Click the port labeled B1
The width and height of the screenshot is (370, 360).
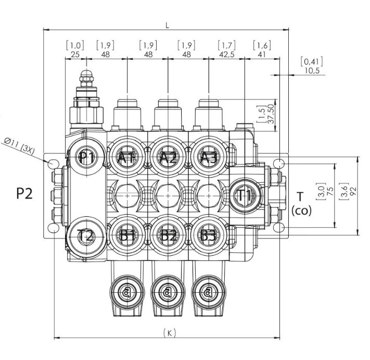126,235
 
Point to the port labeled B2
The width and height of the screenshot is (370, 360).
167,235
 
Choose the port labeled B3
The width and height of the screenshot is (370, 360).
208,235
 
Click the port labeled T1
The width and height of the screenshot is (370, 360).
245,195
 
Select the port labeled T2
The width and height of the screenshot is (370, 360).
85,235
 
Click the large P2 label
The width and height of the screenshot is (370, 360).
24,193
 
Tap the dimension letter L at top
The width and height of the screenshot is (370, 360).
168,24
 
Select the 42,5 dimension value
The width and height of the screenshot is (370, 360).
225,54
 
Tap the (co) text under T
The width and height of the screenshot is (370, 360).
301,210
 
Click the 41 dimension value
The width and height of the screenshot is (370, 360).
261,54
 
